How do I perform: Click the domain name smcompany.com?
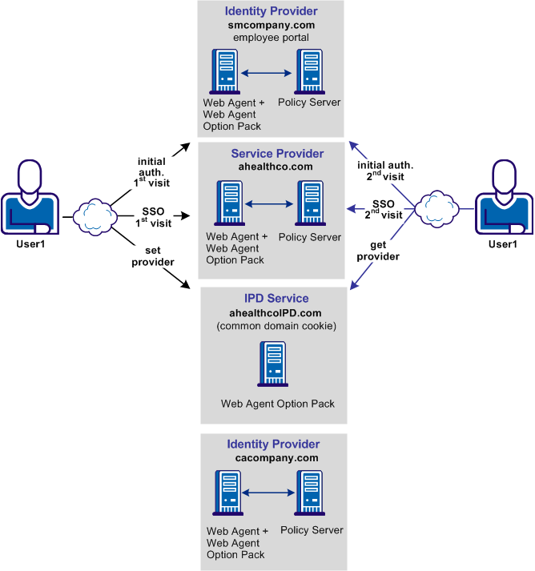(272, 25)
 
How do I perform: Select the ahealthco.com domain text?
(272, 167)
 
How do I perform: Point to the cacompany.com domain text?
(273, 458)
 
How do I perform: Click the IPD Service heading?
(272, 299)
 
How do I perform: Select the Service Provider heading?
(277, 154)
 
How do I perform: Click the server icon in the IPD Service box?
(273, 365)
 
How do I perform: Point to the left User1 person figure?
(30, 200)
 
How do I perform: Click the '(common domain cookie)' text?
(272, 326)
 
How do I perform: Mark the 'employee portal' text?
(271, 38)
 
